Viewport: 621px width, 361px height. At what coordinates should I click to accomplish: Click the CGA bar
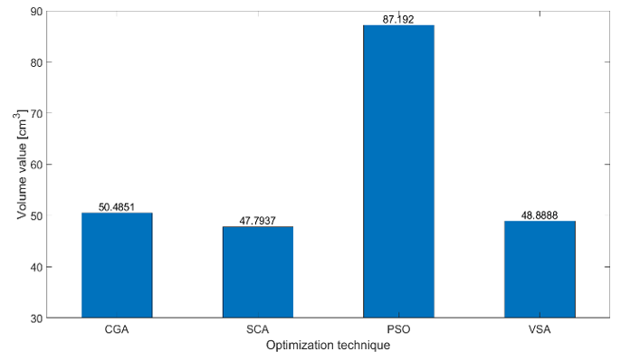click(117, 265)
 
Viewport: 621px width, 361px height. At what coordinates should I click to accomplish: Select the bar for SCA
click(258, 272)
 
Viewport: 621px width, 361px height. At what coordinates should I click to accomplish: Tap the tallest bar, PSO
click(399, 171)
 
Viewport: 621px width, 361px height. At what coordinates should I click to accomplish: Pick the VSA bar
click(540, 270)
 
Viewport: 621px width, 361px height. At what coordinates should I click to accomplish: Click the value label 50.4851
click(117, 207)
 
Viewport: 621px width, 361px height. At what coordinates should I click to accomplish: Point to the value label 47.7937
click(258, 221)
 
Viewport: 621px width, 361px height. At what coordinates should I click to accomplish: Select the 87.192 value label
click(398, 19)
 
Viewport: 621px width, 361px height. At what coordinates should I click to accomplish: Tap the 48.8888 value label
click(540, 215)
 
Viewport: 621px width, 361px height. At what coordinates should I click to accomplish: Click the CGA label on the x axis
click(117, 329)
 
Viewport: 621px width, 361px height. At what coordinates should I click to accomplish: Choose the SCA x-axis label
click(258, 329)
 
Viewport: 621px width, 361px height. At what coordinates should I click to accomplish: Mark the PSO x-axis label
click(399, 329)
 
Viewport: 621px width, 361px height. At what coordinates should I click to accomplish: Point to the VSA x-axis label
click(540, 329)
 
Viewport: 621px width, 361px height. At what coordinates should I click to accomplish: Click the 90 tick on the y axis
click(36, 12)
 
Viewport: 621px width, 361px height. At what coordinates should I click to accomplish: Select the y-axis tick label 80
click(36, 62)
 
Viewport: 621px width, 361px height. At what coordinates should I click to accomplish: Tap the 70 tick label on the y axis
click(36, 114)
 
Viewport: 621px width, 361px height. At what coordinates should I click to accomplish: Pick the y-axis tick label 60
click(36, 165)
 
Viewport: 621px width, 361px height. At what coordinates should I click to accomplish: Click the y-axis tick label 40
click(36, 267)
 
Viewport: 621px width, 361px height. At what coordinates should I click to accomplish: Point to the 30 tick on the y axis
click(36, 318)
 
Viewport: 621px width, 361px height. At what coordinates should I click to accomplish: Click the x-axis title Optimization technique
click(328, 346)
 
